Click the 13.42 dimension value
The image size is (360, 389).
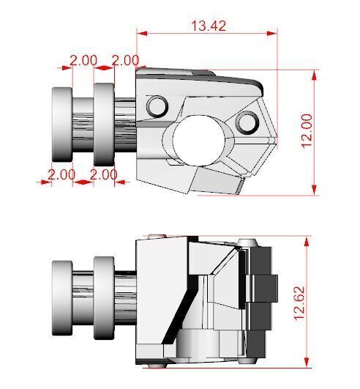pyautogui.click(x=209, y=25)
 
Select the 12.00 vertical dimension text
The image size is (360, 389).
pyautogui.click(x=307, y=130)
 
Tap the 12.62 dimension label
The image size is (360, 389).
pyautogui.click(x=299, y=301)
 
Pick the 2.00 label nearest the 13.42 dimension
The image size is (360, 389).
pyautogui.click(x=125, y=60)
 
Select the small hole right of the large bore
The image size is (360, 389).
pyautogui.click(x=248, y=121)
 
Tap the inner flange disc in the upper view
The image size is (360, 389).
pyautogui.click(x=103, y=125)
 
